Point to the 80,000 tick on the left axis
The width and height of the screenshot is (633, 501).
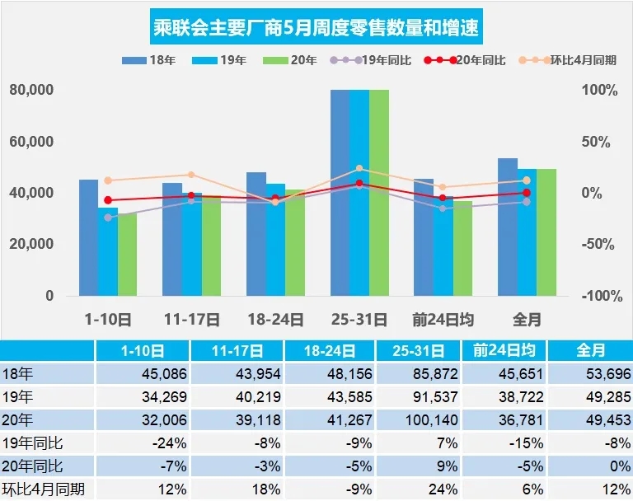31,91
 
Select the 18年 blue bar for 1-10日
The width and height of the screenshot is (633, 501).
88,237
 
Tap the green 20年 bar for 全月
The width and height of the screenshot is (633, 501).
546,232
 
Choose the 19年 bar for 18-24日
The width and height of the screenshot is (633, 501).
275,239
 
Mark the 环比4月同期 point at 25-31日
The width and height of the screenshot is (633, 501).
359,168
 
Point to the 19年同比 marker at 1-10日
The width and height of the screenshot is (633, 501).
108,218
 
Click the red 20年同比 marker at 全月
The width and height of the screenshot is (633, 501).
527,193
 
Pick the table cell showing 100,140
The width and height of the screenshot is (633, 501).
418,419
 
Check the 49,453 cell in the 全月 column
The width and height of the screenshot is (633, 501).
587,419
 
